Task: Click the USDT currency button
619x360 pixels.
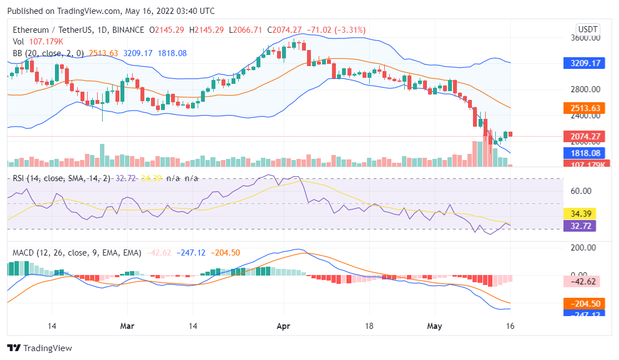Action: tap(588, 29)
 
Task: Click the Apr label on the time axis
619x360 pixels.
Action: tap(284, 326)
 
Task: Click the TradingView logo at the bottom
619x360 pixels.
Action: tap(40, 348)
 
